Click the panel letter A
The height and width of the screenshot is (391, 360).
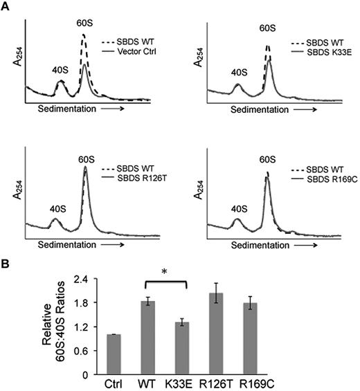pos(6,6)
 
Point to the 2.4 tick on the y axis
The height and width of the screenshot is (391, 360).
pos(91,280)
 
